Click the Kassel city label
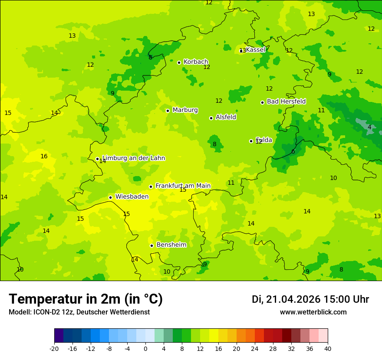click(255, 50)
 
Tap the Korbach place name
click(196, 62)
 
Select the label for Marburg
click(185, 110)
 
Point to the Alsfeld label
click(226, 117)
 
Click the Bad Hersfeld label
click(286, 101)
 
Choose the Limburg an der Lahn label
click(134, 158)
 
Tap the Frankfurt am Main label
click(183, 186)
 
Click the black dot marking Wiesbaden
click(111, 198)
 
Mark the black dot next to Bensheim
click(152, 245)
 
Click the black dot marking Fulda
click(251, 141)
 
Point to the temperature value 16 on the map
click(44, 157)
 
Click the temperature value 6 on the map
click(293, 151)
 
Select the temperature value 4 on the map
click(369, 127)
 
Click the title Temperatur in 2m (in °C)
click(86, 299)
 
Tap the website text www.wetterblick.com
click(313, 312)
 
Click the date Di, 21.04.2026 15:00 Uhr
click(310, 299)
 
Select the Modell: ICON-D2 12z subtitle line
click(79, 312)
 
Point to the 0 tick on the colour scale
click(145, 349)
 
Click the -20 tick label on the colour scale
click(54, 349)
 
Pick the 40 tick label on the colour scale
click(327, 349)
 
